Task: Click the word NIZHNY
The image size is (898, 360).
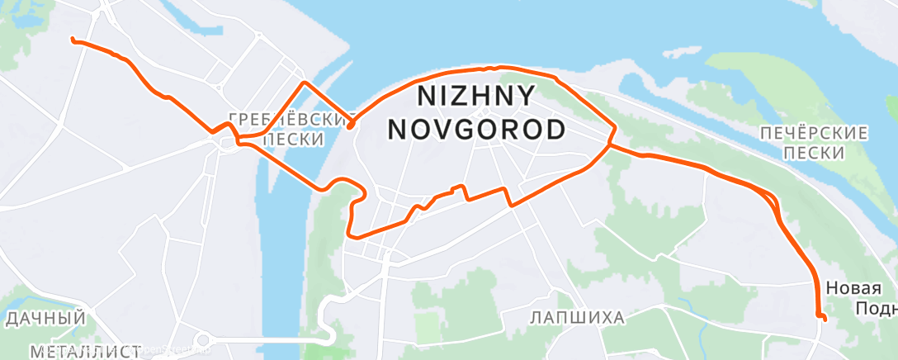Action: click(476, 97)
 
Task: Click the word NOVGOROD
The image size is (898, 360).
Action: click(476, 130)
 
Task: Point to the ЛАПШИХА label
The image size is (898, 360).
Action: click(577, 317)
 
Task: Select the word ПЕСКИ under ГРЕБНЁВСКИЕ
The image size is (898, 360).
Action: click(293, 140)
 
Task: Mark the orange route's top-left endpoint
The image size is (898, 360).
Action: click(73, 40)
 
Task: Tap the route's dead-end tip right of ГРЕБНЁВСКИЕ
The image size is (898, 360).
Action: click(351, 126)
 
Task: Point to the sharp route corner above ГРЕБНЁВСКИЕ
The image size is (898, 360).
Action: click(305, 83)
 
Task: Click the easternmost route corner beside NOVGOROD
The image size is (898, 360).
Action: click(614, 129)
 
